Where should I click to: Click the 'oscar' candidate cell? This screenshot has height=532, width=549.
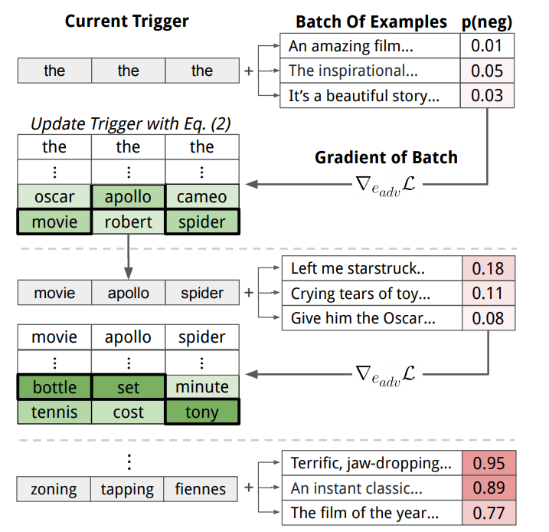pos(54,196)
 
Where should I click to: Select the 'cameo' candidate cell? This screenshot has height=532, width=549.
pos(202,196)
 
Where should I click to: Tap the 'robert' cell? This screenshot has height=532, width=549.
pos(128,222)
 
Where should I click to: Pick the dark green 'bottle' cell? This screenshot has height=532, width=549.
pos(54,387)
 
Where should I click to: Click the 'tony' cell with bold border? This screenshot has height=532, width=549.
pos(202,412)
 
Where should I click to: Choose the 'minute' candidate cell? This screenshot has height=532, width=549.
pos(202,387)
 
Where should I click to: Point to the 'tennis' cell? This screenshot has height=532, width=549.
pos(54,412)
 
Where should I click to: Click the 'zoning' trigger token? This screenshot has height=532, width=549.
pos(54,489)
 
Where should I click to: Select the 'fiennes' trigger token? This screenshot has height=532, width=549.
pos(201,489)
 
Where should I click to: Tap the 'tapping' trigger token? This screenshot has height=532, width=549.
pos(127,489)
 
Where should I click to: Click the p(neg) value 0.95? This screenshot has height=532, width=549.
pos(489,463)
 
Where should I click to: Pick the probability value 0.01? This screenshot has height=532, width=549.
pos(487,46)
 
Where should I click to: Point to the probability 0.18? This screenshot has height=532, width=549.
pos(488,268)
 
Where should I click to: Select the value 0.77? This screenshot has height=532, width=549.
pos(489,513)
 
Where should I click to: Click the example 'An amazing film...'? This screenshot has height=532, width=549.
pos(351,46)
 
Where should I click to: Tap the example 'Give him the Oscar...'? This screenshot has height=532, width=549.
pos(363,318)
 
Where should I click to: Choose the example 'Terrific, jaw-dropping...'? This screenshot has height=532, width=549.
pos(371,463)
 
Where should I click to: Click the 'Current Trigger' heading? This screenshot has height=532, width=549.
pos(127,21)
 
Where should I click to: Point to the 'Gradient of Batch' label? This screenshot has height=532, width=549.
pos(386,157)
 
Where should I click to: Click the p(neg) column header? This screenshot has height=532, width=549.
pos(487,22)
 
